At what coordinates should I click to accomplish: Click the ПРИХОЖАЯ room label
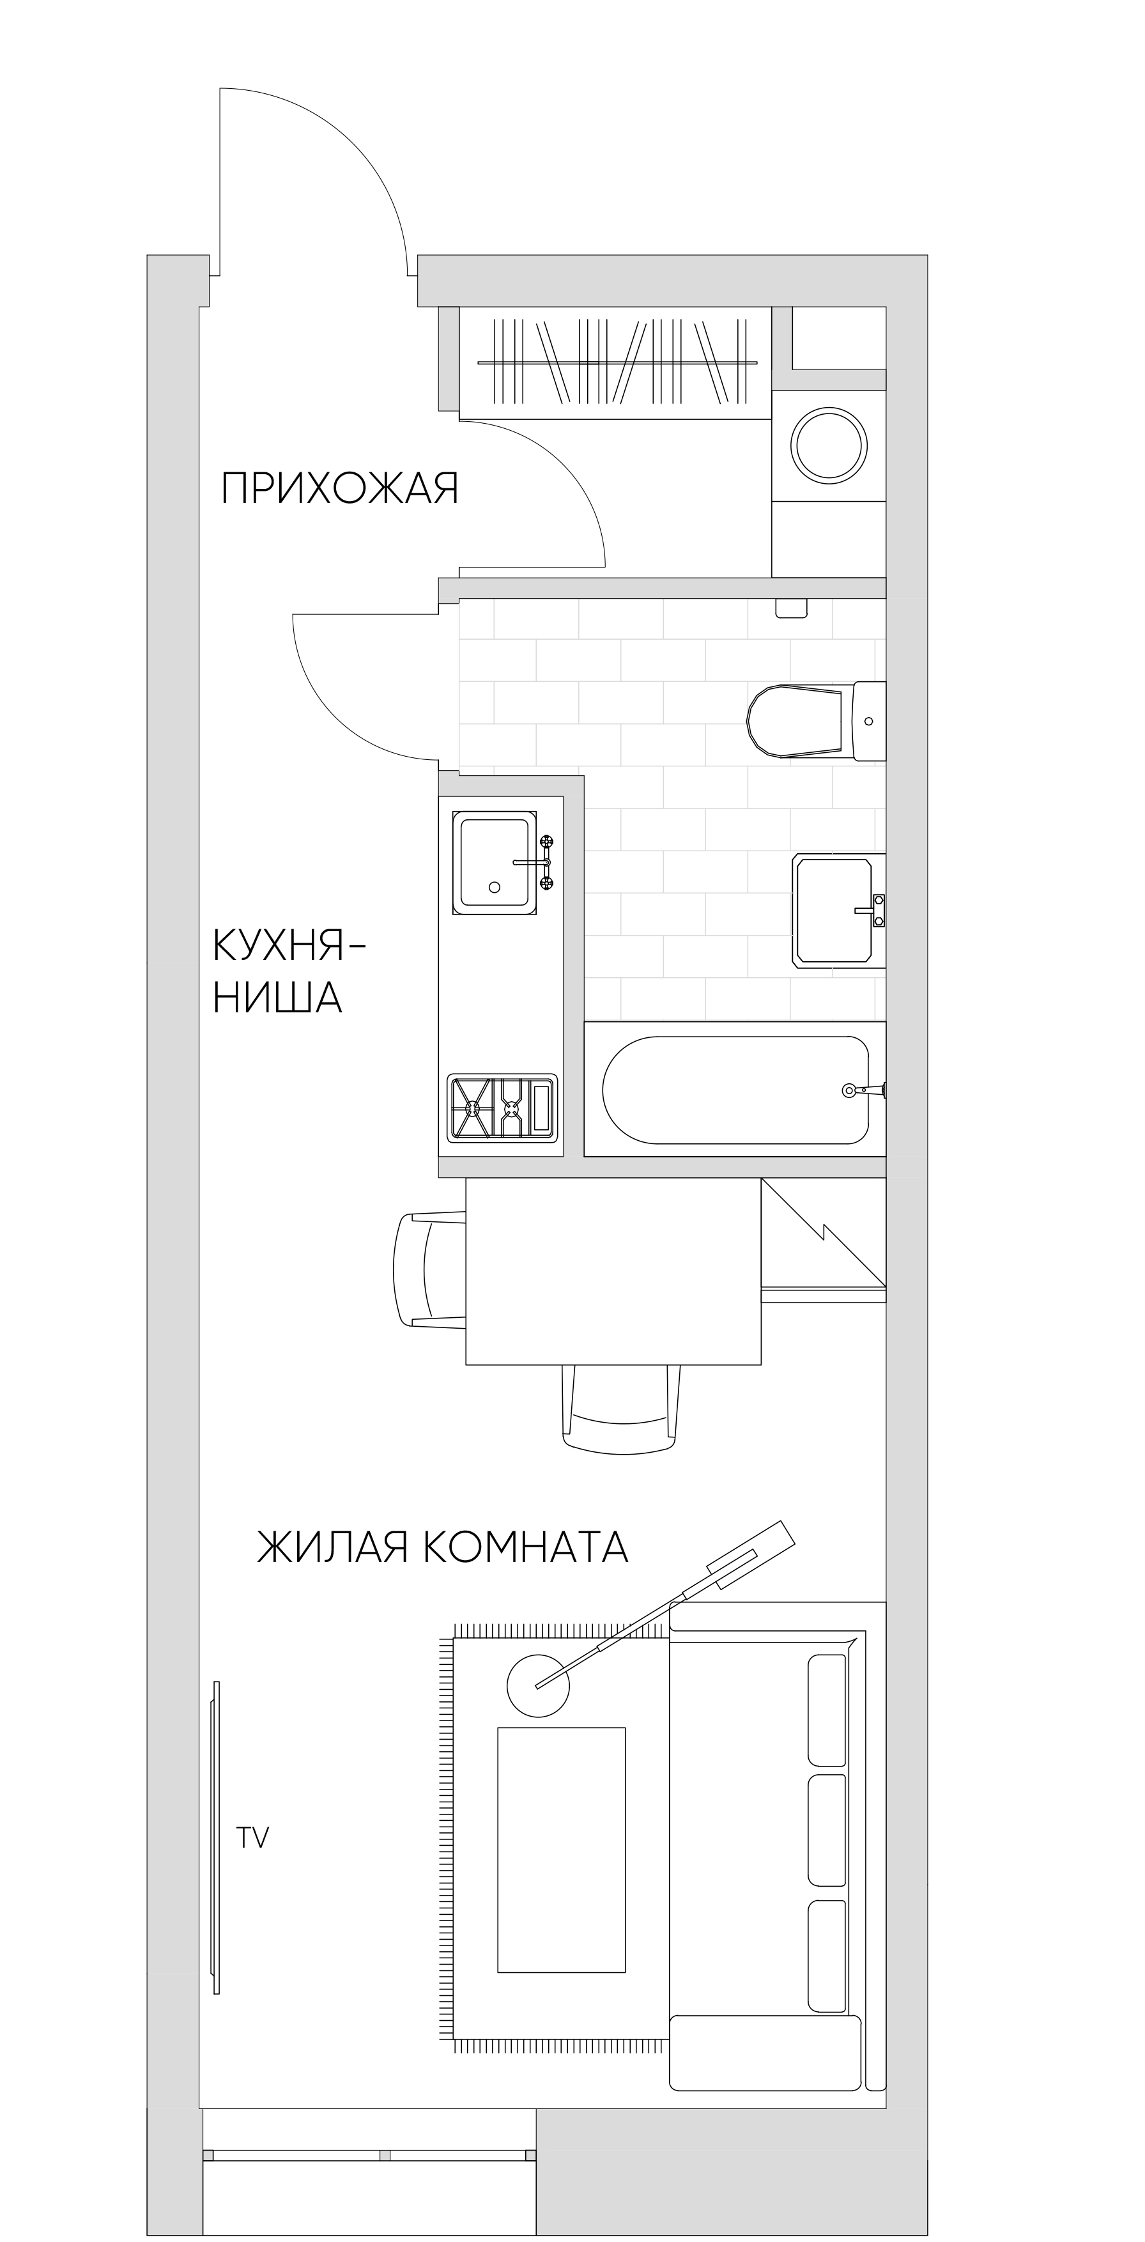(x=339, y=488)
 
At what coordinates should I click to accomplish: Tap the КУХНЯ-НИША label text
(x=287, y=971)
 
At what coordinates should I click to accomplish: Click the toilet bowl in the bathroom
(x=794, y=721)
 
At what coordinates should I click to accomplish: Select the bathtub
(x=735, y=1090)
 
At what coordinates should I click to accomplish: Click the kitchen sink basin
(x=494, y=862)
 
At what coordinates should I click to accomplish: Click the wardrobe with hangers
(x=615, y=362)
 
